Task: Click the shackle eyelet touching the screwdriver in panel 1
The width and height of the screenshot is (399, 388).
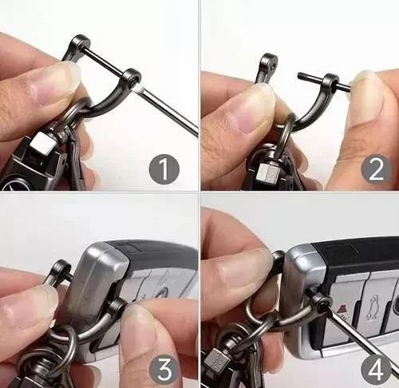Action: point(129,79)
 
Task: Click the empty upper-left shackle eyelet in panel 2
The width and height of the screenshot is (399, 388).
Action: point(271,61)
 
